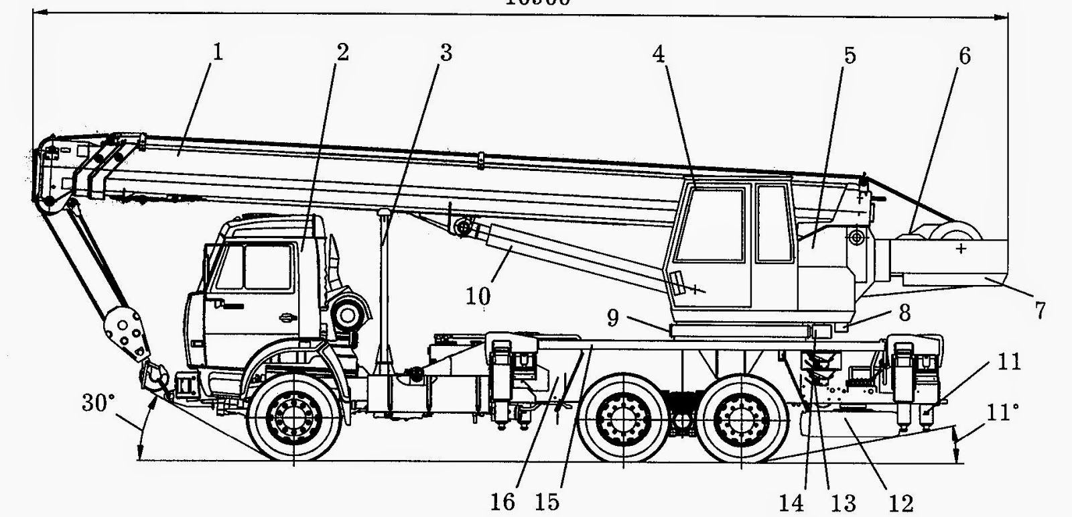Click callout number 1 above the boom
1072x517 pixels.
(216, 52)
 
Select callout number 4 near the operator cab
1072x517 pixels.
(659, 54)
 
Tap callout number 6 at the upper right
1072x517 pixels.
(963, 56)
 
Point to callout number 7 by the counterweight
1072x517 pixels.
(1039, 310)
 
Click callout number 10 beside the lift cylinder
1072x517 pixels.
(478, 296)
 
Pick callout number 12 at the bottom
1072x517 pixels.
(902, 502)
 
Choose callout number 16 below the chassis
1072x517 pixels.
(503, 501)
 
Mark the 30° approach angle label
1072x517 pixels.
(98, 403)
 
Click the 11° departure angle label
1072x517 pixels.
(998, 411)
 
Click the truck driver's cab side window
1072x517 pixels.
(267, 267)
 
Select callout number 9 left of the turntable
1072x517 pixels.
(613, 317)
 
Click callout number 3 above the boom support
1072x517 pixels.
(446, 52)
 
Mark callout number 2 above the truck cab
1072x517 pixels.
(342, 52)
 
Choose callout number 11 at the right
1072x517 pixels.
(1009, 362)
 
